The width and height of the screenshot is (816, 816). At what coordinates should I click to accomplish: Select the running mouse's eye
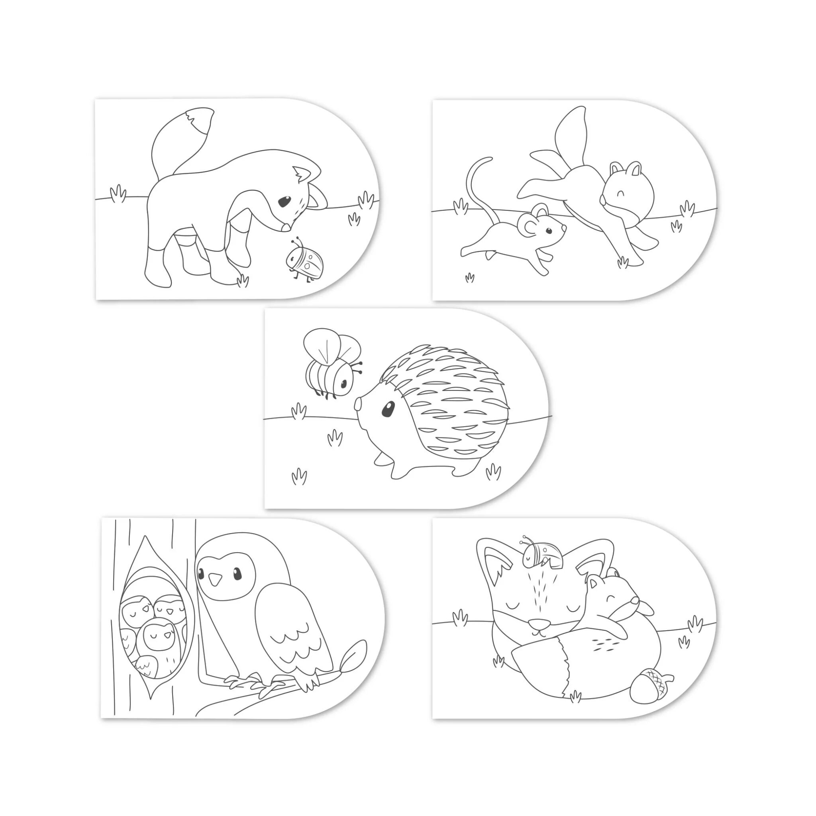click(x=549, y=231)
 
